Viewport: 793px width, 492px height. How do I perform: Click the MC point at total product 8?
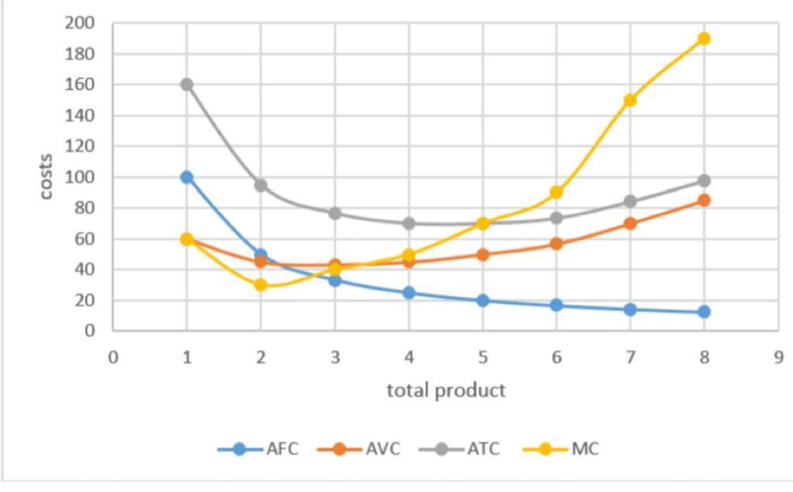(x=704, y=39)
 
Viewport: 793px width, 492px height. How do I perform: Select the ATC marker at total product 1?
(x=187, y=84)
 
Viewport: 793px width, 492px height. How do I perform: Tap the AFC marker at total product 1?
(x=187, y=177)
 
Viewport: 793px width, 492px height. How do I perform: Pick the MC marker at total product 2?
(x=261, y=285)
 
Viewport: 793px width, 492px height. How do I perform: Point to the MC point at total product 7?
(x=630, y=100)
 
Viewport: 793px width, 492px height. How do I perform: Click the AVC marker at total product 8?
(x=704, y=200)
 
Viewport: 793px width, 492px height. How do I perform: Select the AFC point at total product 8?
(x=704, y=312)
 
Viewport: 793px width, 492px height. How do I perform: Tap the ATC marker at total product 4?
(x=409, y=224)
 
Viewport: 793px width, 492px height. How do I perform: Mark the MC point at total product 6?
(x=556, y=192)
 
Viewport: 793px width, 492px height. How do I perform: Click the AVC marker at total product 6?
(x=556, y=244)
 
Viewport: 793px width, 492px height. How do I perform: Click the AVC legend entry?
(x=359, y=449)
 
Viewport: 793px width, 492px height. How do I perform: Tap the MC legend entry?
(x=561, y=449)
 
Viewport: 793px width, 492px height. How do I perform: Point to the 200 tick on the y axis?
(x=81, y=23)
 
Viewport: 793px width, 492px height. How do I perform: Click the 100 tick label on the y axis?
(x=81, y=177)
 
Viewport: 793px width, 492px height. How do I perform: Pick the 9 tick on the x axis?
(x=778, y=357)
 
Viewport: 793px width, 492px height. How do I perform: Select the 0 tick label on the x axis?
(x=113, y=357)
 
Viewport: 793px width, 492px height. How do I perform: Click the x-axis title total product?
(x=446, y=390)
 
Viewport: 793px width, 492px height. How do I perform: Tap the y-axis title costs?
(x=46, y=177)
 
